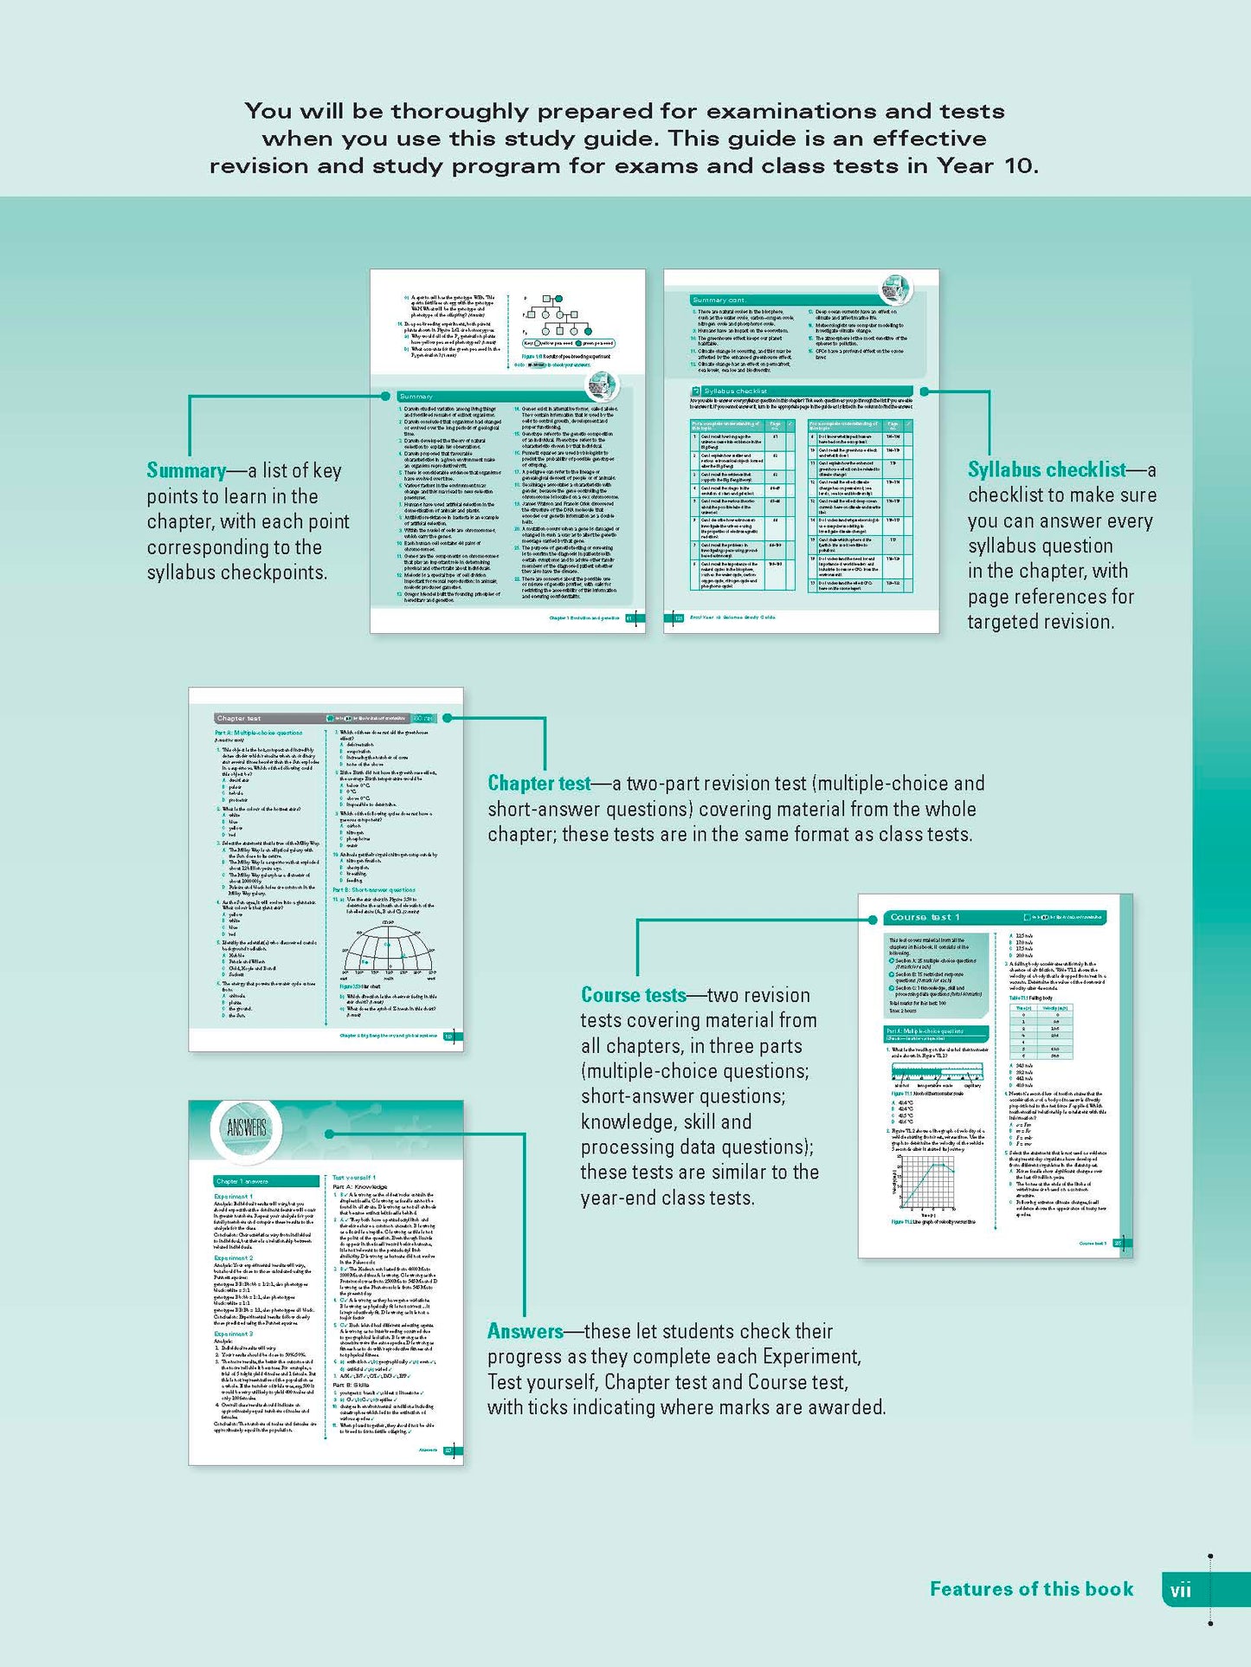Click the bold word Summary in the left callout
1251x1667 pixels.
pos(186,470)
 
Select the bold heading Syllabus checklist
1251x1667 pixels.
pos(1047,469)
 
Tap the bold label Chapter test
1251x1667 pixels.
pos(538,784)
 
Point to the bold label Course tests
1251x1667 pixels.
pos(633,995)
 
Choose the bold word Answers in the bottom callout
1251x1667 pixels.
pos(525,1331)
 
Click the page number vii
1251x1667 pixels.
pos(1180,1590)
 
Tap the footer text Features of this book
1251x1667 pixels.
pos(1031,1589)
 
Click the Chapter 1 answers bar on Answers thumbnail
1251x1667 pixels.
pos(267,1181)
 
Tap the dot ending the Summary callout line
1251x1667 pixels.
pos(386,396)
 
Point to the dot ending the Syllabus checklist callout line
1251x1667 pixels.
pos(925,391)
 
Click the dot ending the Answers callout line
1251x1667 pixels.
pos(329,1134)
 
